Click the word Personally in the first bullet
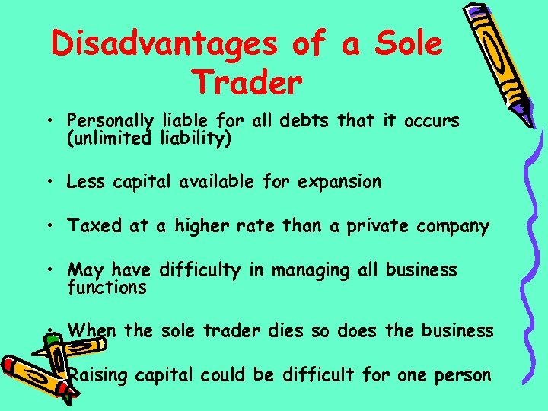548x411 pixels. (111, 122)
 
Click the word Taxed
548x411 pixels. (91, 226)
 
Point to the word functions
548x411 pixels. (107, 288)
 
